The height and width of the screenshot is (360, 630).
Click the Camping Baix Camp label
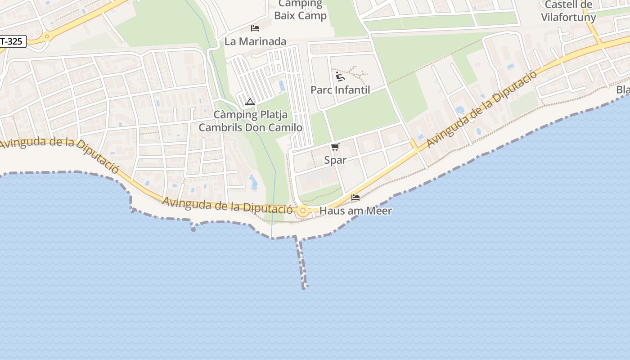pyautogui.click(x=301, y=10)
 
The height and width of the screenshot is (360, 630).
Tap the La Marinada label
pyautogui.click(x=255, y=41)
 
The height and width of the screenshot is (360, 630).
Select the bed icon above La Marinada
pyautogui.click(x=255, y=28)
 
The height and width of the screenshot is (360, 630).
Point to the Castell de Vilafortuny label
pyautogui.click(x=568, y=11)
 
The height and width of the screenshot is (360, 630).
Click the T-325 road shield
pyautogui.click(x=13, y=41)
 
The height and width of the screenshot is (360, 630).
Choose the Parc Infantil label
pyautogui.click(x=340, y=90)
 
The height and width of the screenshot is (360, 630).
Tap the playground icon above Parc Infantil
pyautogui.click(x=340, y=76)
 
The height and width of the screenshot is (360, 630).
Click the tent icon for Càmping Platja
pyautogui.click(x=250, y=102)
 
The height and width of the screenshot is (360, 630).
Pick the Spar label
pyautogui.click(x=335, y=160)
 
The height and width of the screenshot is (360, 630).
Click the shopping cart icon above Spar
pyautogui.click(x=335, y=147)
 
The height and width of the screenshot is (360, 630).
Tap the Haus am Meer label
pyautogui.click(x=355, y=211)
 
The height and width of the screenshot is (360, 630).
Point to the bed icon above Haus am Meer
pyautogui.click(x=355, y=198)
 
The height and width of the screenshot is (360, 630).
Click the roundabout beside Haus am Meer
pyautogui.click(x=303, y=210)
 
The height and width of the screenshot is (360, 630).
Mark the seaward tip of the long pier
pyautogui.click(x=305, y=287)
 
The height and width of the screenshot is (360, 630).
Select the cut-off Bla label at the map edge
pyautogui.click(x=623, y=90)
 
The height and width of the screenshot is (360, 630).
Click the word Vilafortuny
pyautogui.click(x=568, y=18)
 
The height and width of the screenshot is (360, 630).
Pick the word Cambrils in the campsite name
pyautogui.click(x=220, y=127)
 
